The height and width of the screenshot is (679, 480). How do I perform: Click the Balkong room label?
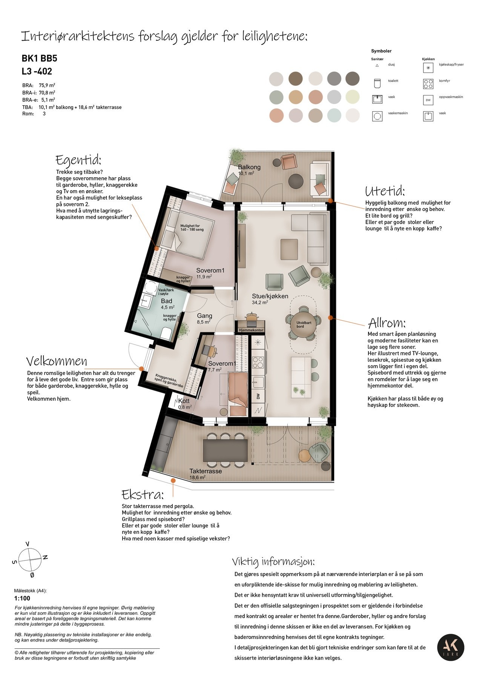[x=249, y=167]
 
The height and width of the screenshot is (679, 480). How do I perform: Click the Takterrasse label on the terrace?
[x=205, y=471]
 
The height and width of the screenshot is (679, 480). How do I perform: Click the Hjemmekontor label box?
[x=251, y=330]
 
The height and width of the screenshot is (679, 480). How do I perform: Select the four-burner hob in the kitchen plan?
[x=258, y=362]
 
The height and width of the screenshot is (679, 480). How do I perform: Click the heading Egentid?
[x=78, y=160]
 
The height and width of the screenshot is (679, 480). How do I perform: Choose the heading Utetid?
[x=385, y=191]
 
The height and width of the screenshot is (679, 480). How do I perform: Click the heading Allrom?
[x=386, y=323]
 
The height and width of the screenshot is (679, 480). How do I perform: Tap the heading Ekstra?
[x=142, y=495]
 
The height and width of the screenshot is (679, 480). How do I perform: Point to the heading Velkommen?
[x=57, y=361]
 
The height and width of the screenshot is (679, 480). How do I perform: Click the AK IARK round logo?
[x=451, y=648]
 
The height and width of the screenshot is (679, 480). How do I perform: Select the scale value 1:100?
[x=22, y=598]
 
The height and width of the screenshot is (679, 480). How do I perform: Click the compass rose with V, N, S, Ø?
[x=30, y=560]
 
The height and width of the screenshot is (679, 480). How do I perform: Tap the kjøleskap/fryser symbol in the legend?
[x=428, y=68]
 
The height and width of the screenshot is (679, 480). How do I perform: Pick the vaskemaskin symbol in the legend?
[x=377, y=116]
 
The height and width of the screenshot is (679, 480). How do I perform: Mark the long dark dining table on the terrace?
[x=225, y=450]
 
